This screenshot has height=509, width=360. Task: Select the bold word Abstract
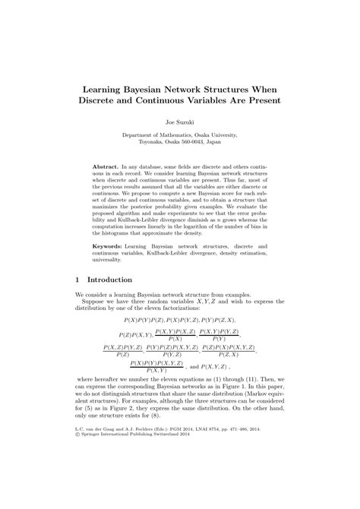pyautogui.click(x=108, y=166)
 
